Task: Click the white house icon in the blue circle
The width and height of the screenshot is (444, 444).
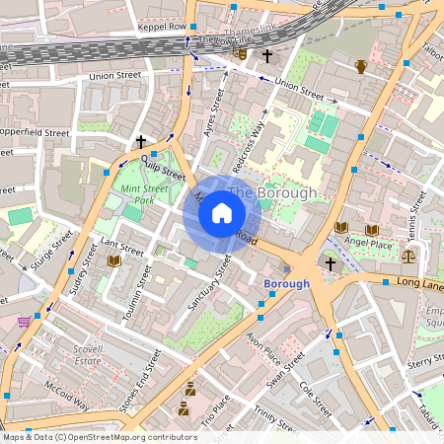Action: [x=222, y=212]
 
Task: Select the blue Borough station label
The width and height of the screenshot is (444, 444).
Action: [x=286, y=283]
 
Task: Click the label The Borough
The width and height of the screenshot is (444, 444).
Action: [x=272, y=192]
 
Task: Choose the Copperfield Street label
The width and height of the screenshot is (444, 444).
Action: [x=36, y=131]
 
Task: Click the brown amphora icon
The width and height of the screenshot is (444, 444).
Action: [x=361, y=67]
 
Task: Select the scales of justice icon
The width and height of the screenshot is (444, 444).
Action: [x=408, y=254]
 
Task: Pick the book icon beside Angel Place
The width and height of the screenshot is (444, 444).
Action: [x=341, y=227]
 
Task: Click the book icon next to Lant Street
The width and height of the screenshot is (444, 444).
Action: [x=114, y=259]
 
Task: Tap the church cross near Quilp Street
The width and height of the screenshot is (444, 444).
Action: [x=141, y=141]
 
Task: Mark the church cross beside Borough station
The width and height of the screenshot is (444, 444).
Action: [x=331, y=263]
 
